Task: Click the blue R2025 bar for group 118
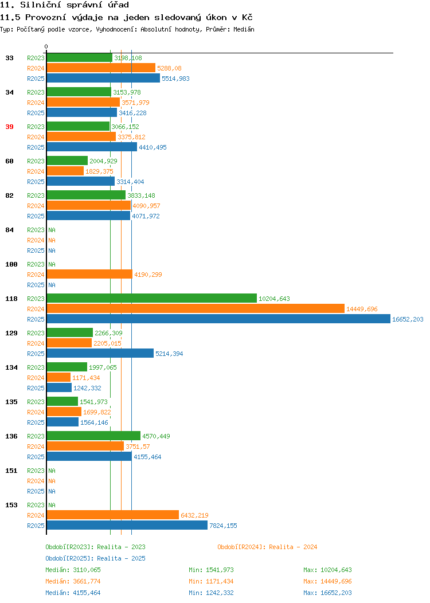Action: click(218, 319)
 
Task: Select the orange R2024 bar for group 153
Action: click(113, 515)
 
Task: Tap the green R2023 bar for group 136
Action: click(93, 436)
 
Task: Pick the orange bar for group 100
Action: click(89, 274)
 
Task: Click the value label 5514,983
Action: click(175, 79)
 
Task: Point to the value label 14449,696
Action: click(362, 309)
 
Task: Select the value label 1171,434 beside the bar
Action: click(86, 378)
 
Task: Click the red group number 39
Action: click(10, 127)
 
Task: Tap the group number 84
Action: click(10, 230)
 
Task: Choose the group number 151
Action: click(11, 471)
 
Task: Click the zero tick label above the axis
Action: click(46, 46)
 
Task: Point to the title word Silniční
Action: click(40, 5)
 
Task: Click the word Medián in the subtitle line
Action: click(244, 29)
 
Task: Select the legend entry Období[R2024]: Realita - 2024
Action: click(267, 547)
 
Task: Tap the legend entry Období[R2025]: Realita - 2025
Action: click(95, 558)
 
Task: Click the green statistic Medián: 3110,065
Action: click(73, 570)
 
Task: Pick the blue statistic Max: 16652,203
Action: click(328, 593)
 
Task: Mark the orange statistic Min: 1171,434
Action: click(211, 581)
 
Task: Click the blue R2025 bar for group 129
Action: click(100, 353)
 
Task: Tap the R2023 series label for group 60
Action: click(36, 161)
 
